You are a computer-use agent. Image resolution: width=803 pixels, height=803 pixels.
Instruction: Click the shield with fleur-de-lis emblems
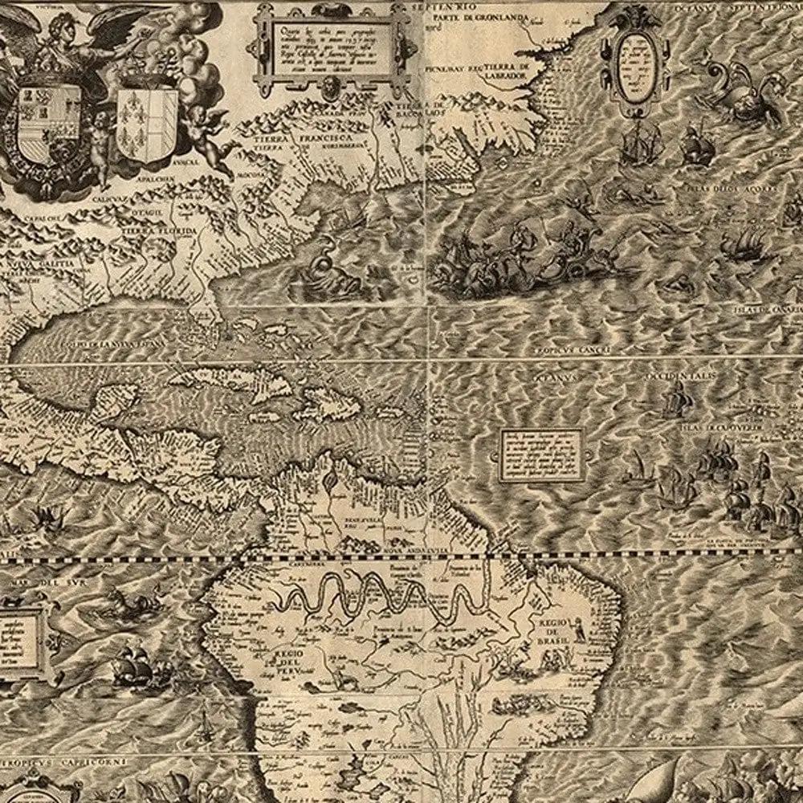coord(147,123)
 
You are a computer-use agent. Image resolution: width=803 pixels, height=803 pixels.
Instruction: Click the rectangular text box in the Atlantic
coord(541,454)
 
